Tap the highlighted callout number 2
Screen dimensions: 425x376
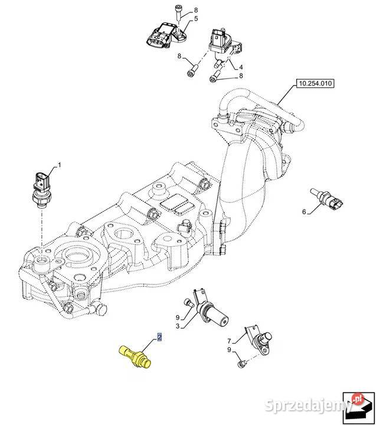coord(159,338)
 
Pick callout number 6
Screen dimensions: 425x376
coord(304,211)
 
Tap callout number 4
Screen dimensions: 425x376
coord(241,67)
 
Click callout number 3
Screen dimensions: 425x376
coord(178,325)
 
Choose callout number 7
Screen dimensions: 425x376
coord(230,341)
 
